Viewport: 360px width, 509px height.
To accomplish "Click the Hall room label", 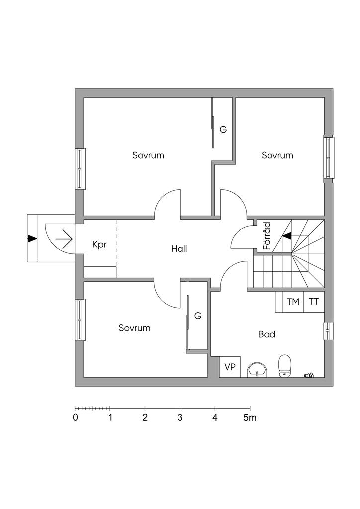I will point(179,248).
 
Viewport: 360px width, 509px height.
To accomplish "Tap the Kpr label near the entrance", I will point(99,245).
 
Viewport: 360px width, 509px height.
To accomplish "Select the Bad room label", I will point(267,334).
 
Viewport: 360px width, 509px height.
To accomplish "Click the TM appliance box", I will point(293,302).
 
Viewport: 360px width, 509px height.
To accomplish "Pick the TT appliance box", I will point(314,302).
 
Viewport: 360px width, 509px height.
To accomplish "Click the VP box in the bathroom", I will point(230,367).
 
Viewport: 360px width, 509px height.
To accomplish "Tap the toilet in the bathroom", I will point(285,366).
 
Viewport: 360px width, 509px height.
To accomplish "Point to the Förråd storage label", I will point(267,236).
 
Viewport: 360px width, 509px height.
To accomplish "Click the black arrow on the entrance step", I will point(32,238).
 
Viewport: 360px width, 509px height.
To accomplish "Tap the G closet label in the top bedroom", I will point(223,130).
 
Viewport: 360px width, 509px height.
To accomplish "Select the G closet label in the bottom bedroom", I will point(198,316).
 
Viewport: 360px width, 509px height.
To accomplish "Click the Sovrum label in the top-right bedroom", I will point(277,155).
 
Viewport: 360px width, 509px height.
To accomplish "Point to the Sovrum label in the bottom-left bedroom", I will point(134,328).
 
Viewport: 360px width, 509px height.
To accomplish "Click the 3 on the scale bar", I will point(180,418).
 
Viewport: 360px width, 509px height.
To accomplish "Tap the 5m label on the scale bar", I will point(250,418).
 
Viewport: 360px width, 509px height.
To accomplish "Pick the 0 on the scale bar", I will point(75,418).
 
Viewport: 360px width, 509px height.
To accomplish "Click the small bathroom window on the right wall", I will point(329,331).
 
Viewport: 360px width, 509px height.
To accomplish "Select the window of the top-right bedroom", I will point(329,157).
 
